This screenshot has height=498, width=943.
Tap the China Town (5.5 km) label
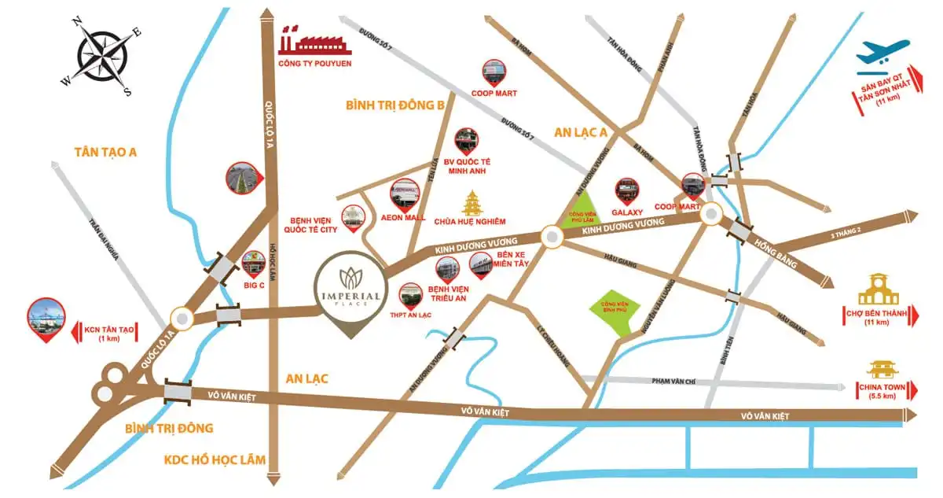(x=882, y=391)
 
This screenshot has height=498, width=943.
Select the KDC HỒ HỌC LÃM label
(x=215, y=459)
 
